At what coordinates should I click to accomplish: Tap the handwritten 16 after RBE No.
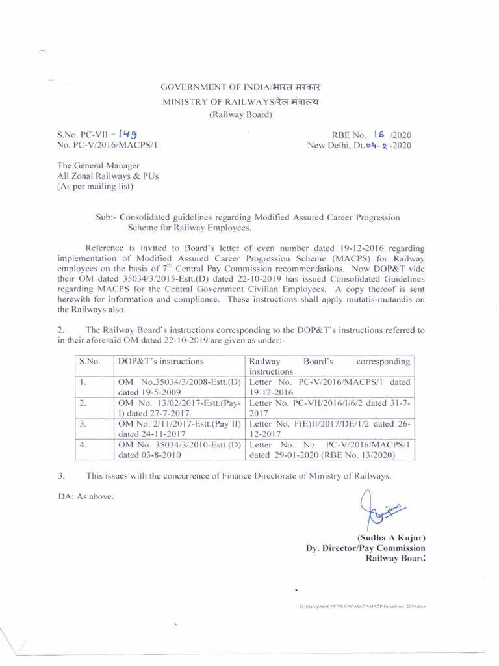(x=381, y=135)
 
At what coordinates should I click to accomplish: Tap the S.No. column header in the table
(x=89, y=361)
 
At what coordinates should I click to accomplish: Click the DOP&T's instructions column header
(x=160, y=361)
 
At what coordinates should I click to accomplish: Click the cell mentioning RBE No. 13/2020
(x=329, y=450)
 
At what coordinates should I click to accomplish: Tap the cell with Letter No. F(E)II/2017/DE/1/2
(x=329, y=430)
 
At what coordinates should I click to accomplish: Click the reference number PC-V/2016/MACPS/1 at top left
(x=107, y=146)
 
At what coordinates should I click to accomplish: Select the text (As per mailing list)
(x=96, y=187)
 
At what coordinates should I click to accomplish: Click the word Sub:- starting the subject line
(x=105, y=217)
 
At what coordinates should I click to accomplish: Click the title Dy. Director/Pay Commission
(x=366, y=548)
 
